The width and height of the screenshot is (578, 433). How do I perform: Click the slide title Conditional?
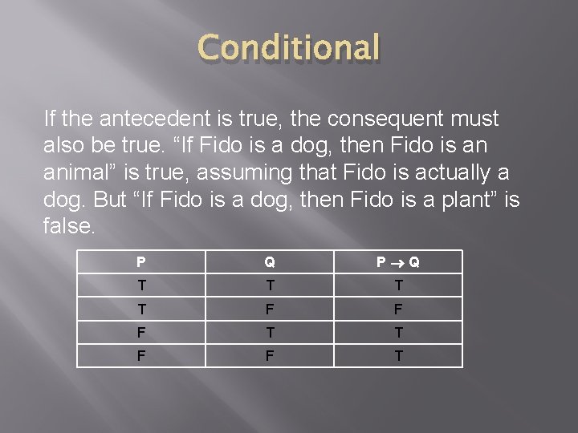point(288,48)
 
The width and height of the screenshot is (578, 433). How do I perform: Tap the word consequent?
point(376,119)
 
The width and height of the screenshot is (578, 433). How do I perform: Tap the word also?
point(65,145)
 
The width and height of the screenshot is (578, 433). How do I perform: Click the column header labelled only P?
point(141,261)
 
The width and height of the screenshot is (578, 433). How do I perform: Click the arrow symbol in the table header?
point(398,262)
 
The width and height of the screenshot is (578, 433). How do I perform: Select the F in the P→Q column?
point(398,308)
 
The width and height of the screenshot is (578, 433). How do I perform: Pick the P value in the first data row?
point(141,285)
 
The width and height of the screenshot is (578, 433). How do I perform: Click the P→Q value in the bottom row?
point(398,354)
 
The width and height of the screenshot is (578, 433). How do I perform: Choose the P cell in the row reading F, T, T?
point(141,331)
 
